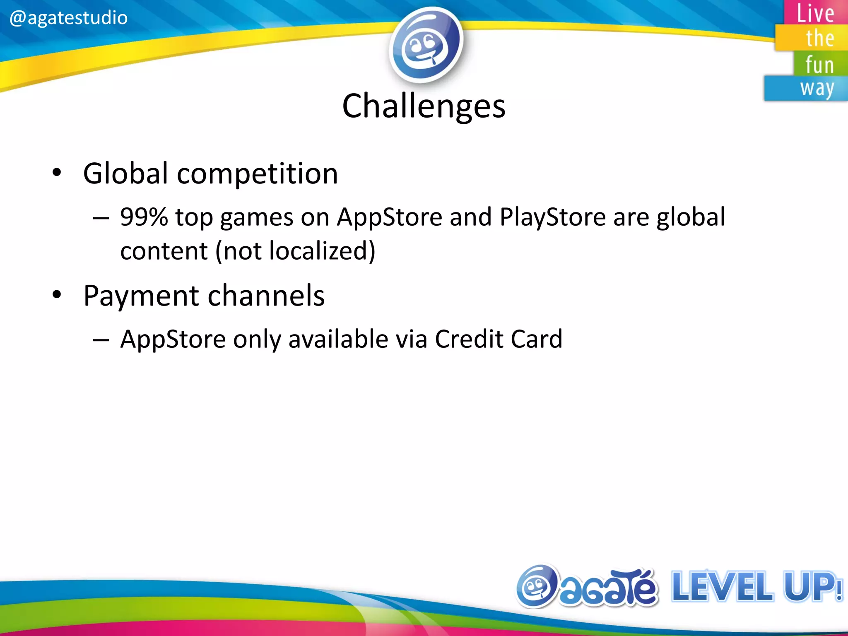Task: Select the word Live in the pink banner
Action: tap(815, 13)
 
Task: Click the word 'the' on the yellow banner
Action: tap(819, 39)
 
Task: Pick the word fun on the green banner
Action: tap(819, 65)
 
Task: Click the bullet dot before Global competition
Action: tap(57, 173)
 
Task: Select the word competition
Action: tap(257, 174)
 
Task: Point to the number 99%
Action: tap(144, 217)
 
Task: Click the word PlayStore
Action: tap(553, 217)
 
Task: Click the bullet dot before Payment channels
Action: tap(57, 295)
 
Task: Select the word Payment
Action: tap(141, 296)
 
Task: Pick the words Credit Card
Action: tap(499, 339)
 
